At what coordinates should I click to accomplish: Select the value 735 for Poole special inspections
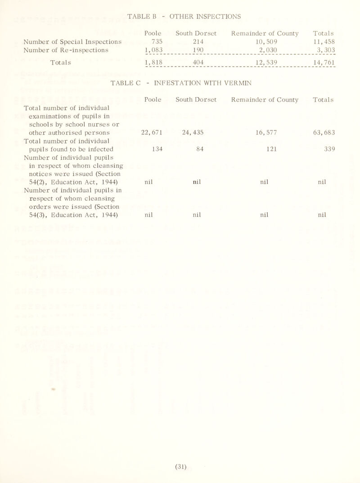pos(153,41)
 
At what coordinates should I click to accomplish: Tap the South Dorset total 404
pos(198,62)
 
